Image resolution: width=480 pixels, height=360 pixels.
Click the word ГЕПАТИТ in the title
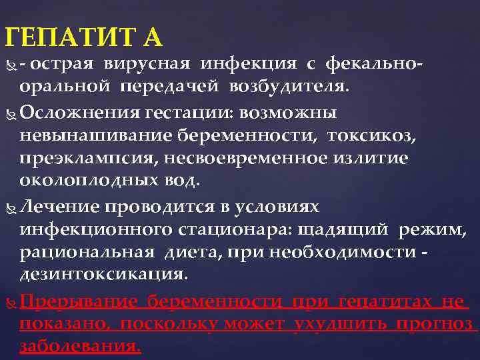69,37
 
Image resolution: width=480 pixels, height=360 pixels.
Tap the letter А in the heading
151,37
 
